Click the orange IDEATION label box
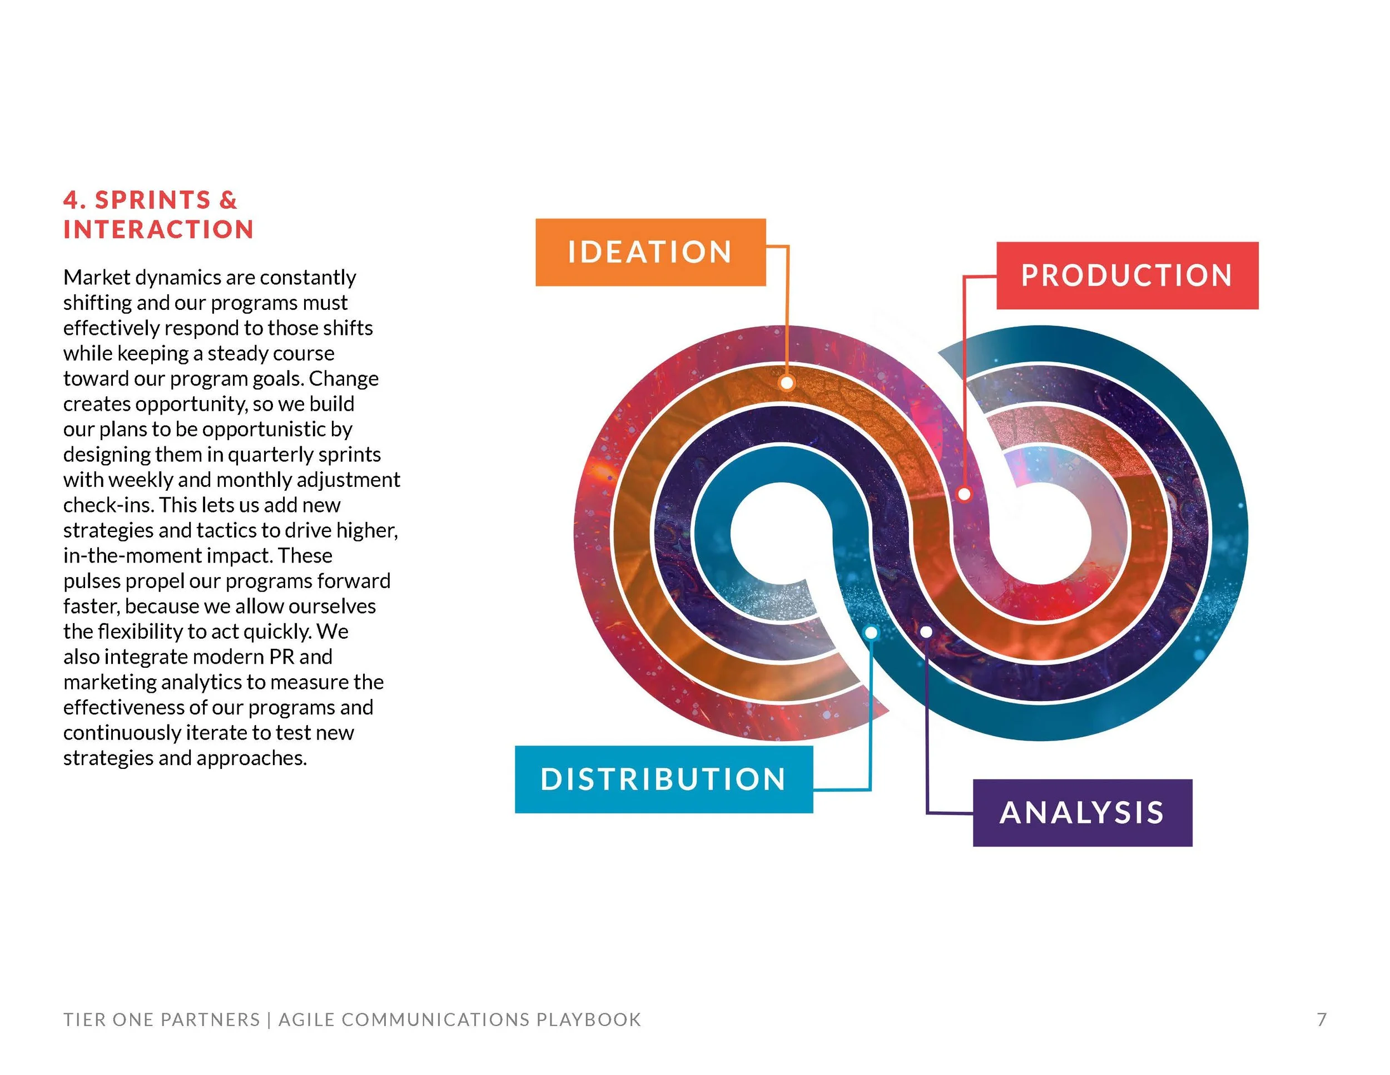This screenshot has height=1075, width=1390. pos(650,252)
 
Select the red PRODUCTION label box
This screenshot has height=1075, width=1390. pos(1126,276)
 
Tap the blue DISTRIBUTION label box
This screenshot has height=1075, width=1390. pos(663,779)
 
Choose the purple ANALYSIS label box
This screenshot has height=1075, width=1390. pos(1082,812)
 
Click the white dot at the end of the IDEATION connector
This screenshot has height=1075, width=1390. pos(787,383)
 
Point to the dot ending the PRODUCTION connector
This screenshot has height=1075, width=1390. pos(964,494)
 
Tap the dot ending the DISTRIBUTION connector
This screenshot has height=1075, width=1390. pos(871,633)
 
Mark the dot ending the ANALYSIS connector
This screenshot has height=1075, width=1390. pos(927,631)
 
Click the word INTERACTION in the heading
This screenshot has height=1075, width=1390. pos(158,229)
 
